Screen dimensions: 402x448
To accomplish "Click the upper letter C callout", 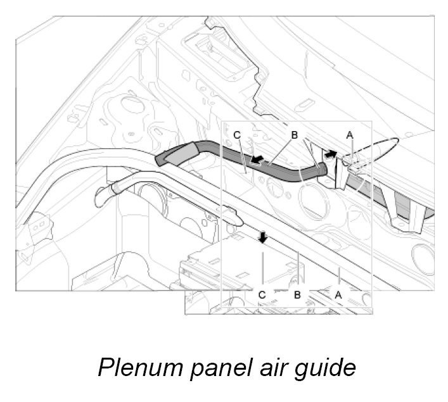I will pos(236,135).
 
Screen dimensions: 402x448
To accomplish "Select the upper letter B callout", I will pos(294,135).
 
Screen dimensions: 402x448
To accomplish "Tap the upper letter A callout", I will pos(349,135).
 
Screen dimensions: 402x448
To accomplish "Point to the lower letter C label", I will pos(262,294).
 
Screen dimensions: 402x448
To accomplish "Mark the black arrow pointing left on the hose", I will pos(257,161).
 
